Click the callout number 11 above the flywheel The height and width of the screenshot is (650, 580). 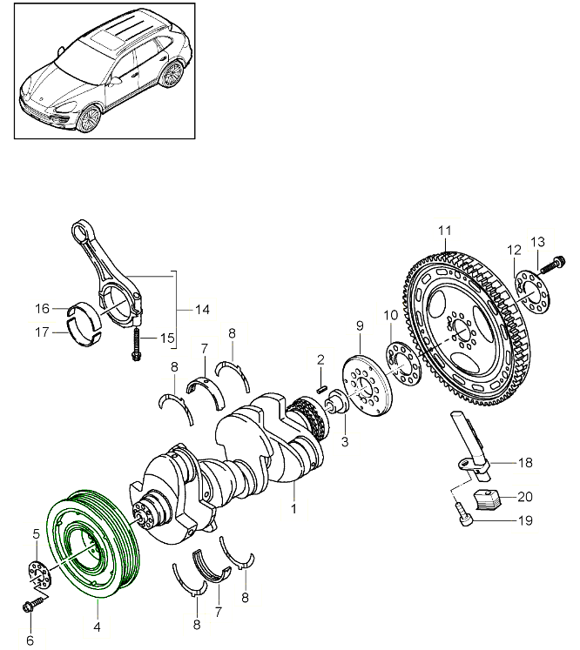(x=445, y=231)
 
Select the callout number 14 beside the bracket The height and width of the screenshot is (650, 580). (x=202, y=309)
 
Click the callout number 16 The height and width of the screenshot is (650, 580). (x=43, y=308)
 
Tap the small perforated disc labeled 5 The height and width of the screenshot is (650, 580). (x=36, y=575)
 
